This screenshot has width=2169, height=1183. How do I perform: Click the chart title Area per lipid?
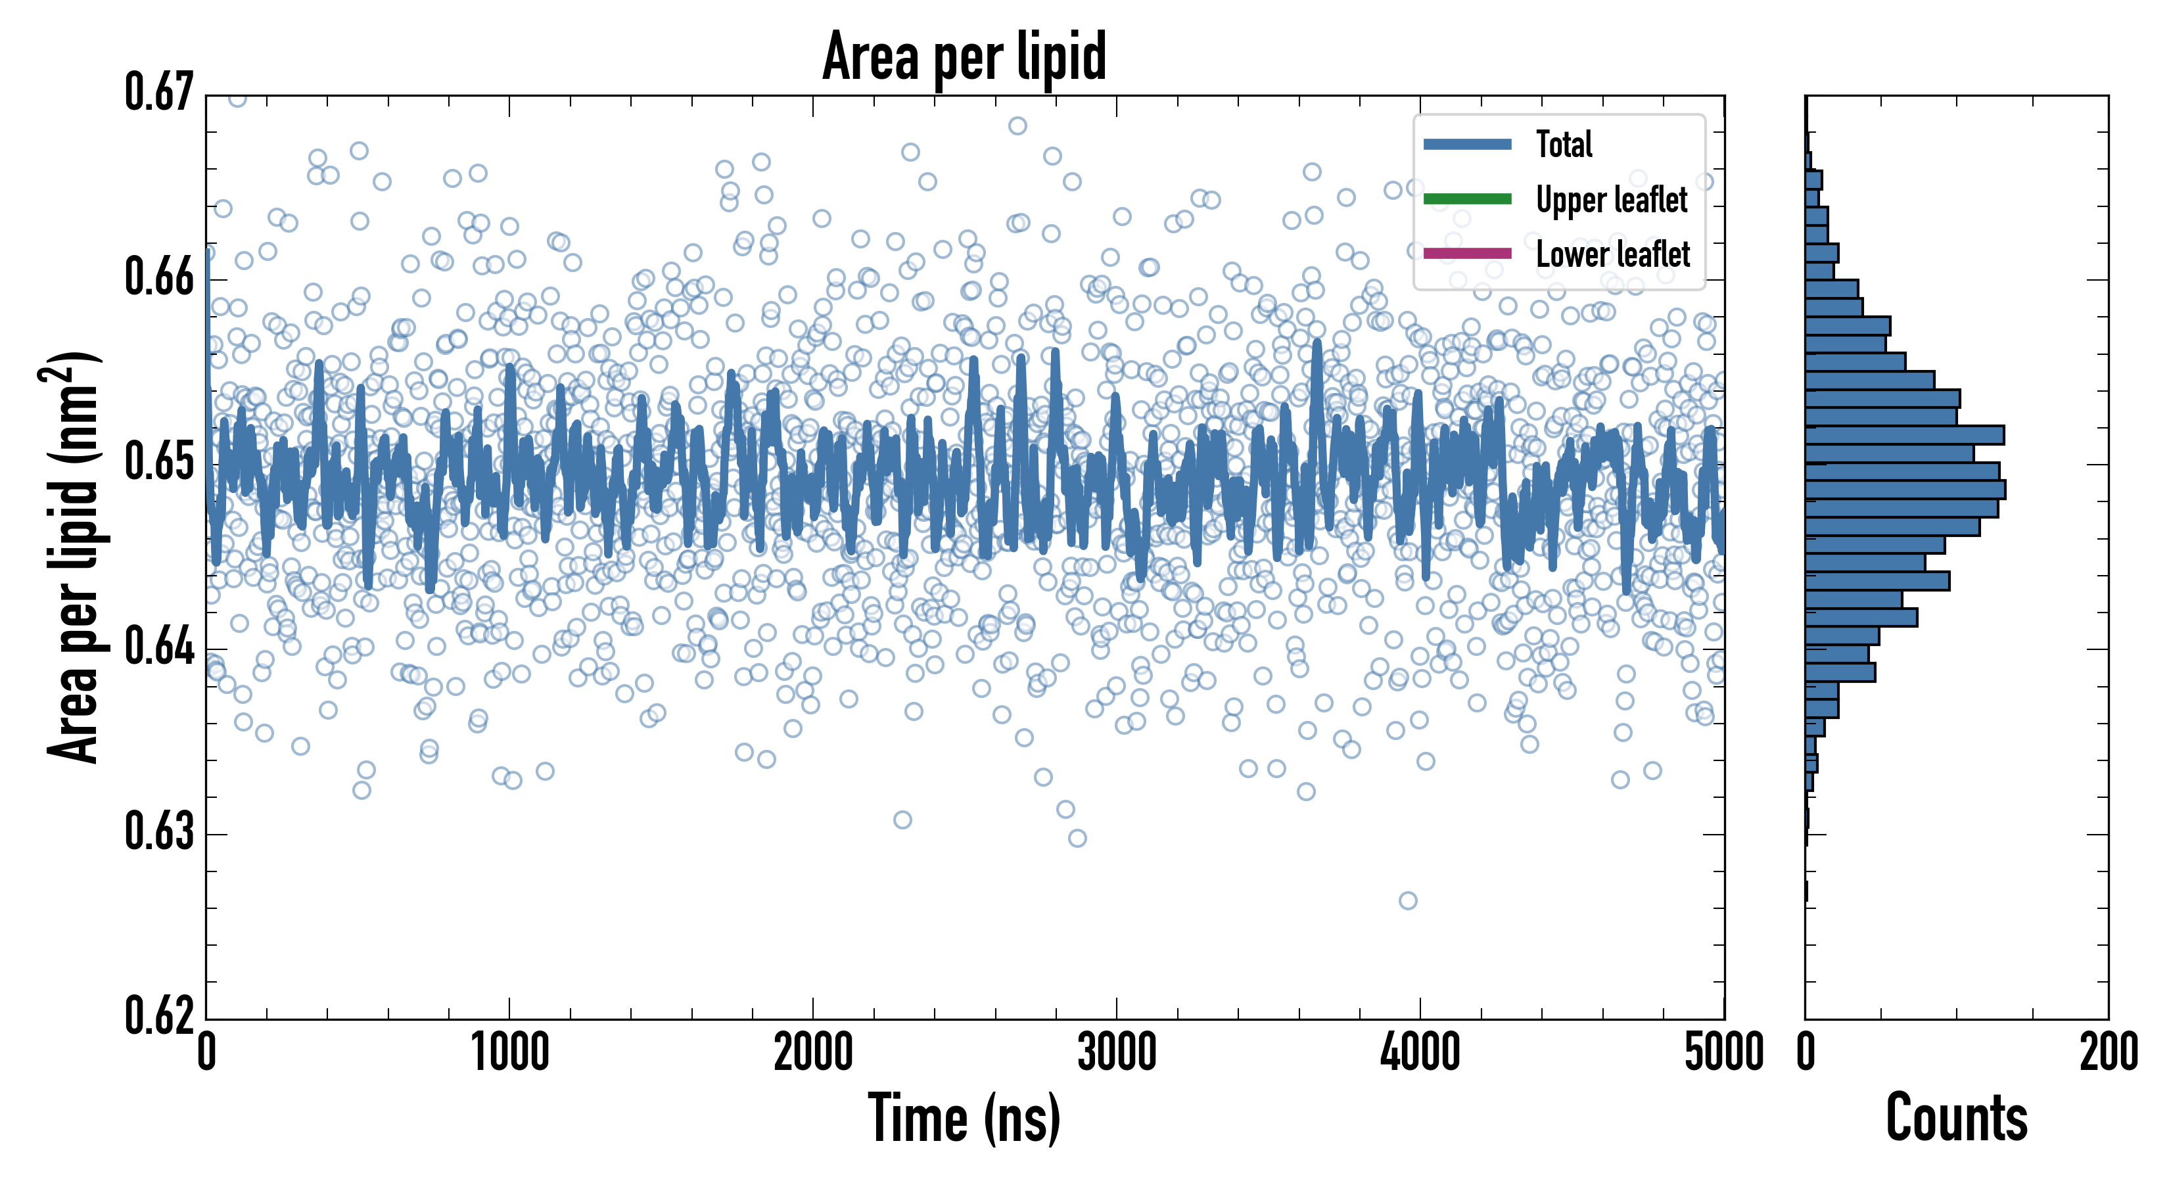964,57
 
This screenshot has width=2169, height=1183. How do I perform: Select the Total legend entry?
1564,144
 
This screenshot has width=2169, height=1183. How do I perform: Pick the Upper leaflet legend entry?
1611,200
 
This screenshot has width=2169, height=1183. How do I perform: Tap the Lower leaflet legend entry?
1612,254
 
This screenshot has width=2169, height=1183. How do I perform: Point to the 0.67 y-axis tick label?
160,93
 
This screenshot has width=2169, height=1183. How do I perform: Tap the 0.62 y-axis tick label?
160,1015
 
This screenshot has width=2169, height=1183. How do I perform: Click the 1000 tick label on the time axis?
509,1052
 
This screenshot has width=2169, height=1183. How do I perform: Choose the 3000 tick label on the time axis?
1117,1052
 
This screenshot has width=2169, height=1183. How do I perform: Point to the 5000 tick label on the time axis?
1723,1052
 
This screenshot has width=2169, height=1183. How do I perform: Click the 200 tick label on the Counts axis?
2107,1052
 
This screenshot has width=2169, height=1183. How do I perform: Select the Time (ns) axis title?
964,1118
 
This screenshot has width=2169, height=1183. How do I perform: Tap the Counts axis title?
1956,1118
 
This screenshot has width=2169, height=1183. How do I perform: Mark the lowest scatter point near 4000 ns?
1407,900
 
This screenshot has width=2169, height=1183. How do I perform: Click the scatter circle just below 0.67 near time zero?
237,99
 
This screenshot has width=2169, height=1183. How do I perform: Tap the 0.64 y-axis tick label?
160,647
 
